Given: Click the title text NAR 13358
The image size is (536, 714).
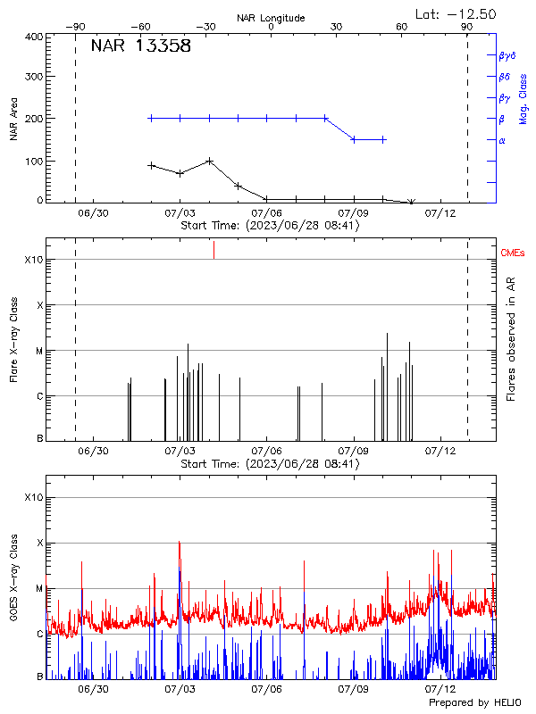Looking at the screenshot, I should (x=141, y=47).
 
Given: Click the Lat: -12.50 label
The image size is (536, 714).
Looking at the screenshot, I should (x=456, y=13).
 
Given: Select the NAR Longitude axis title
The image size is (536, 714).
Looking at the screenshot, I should (x=271, y=18).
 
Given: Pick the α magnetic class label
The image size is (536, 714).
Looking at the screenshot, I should (x=502, y=140).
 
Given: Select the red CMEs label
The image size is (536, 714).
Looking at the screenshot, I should (x=513, y=253).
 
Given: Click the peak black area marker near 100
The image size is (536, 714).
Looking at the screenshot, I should (x=209, y=162).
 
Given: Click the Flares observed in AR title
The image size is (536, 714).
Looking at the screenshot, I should (x=511, y=340).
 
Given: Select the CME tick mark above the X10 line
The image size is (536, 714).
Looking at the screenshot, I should (x=214, y=250).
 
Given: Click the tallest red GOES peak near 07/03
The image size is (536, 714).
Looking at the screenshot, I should (x=180, y=543).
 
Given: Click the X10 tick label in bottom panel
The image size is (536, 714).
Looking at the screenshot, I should (x=33, y=497).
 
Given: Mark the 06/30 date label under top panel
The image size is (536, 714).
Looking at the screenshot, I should (x=94, y=213).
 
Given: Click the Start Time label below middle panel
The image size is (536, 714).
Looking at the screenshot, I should (x=270, y=463).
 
